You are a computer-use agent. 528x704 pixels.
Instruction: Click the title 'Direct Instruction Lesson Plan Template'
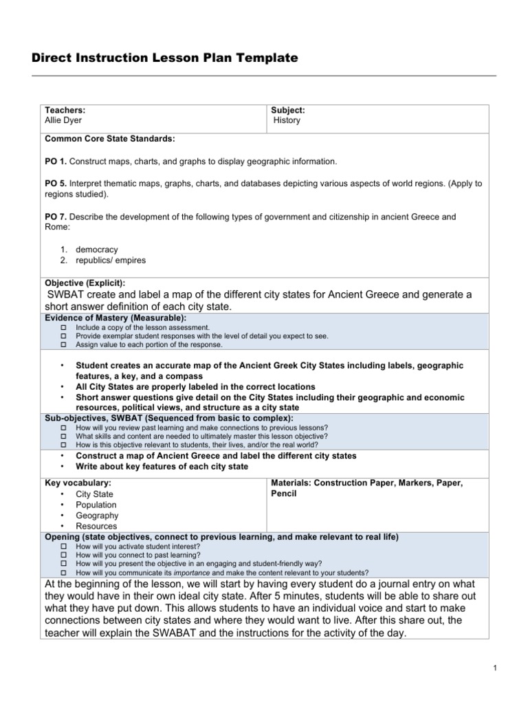point(165,58)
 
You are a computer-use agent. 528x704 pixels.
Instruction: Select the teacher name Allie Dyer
point(64,120)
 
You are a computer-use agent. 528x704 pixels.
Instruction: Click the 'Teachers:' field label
point(65,110)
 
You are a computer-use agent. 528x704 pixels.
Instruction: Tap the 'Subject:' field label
point(288,110)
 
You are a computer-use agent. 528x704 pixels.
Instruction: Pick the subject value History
point(287,120)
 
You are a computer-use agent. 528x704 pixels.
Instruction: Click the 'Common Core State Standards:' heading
point(110,139)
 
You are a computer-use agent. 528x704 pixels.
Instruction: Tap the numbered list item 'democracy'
point(96,250)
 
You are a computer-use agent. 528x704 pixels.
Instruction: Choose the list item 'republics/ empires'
point(111,261)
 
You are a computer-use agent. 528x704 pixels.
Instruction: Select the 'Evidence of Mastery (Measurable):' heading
point(115,318)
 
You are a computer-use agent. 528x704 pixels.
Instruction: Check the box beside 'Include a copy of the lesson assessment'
point(63,328)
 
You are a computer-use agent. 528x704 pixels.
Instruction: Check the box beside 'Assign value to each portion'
point(63,344)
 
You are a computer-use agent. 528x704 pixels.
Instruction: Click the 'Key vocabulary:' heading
point(78,483)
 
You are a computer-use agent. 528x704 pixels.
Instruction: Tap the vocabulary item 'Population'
point(96,505)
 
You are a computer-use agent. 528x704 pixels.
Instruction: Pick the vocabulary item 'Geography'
point(97,516)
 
